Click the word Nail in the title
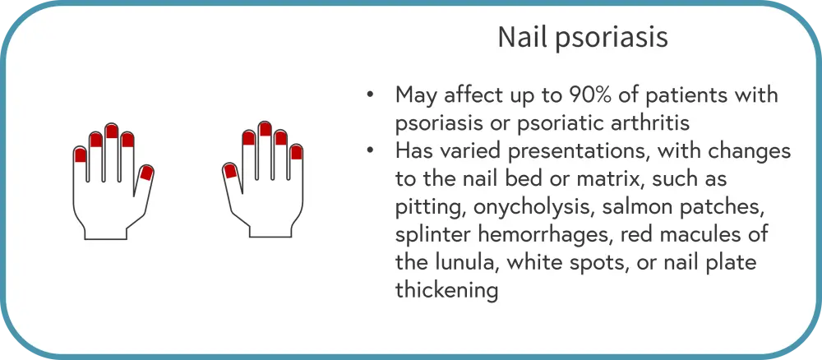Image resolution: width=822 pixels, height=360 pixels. pyautogui.click(x=517, y=38)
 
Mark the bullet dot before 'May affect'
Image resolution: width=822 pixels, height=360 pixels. pyautogui.click(x=371, y=96)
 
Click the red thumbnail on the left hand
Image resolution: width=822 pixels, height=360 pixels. pyautogui.click(x=146, y=173)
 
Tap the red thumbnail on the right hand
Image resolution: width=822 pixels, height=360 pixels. pyautogui.click(x=229, y=171)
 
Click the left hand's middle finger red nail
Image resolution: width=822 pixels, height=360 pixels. pyautogui.click(x=112, y=131)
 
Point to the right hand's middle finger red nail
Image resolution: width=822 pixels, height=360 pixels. pyautogui.click(x=266, y=129)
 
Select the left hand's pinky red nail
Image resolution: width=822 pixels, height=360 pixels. pyautogui.click(x=80, y=155)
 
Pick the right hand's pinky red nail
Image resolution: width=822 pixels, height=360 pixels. pyautogui.click(x=297, y=152)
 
